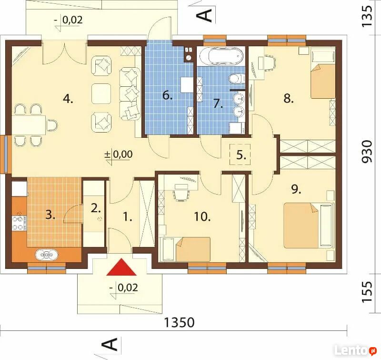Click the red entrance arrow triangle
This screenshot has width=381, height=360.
click(x=121, y=267)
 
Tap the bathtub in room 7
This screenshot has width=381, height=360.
click(x=221, y=56)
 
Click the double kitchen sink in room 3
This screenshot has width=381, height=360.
click(x=47, y=255)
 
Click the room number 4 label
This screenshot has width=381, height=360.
click(x=68, y=99)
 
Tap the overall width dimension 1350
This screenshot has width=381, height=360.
click(x=180, y=322)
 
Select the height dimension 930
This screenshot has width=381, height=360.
click(x=367, y=152)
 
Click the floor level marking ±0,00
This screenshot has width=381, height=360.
click(x=119, y=154)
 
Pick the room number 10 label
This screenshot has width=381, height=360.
click(x=202, y=216)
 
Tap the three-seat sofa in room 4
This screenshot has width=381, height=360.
click(x=130, y=94)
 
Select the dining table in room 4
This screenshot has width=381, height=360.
click(x=29, y=125)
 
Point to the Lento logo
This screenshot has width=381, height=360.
click(x=355, y=350)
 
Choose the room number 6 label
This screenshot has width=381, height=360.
click(x=168, y=95)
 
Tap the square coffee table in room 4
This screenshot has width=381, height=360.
click(x=101, y=93)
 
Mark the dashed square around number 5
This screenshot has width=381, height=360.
click(x=240, y=154)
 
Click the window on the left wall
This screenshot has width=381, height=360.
click(x=6, y=154)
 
